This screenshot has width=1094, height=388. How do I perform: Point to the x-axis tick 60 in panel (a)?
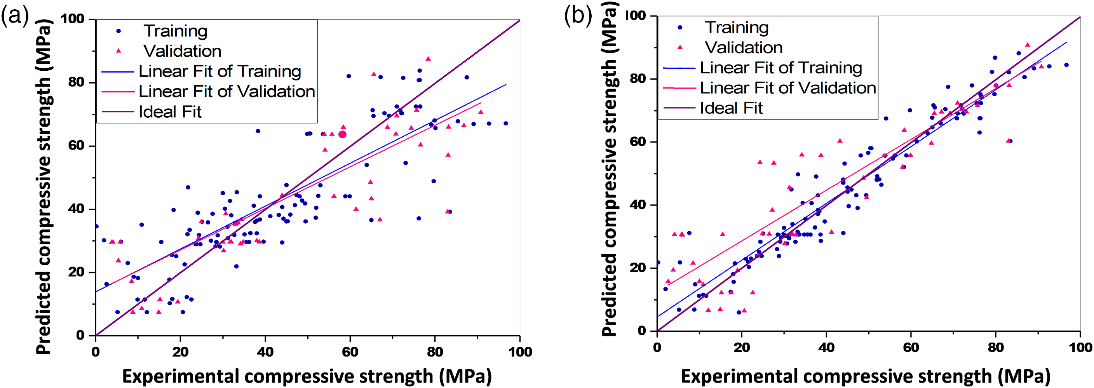[x=350, y=351]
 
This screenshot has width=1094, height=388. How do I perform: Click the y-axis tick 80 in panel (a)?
[x=77, y=82]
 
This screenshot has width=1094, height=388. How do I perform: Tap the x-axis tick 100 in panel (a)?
[x=520, y=351]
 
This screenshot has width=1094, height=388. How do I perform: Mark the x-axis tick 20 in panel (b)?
[x=742, y=347]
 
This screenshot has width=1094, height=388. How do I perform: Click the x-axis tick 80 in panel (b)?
[x=995, y=347]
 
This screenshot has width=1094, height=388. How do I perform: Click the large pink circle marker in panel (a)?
[x=342, y=134]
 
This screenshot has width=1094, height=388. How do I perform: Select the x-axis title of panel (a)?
[x=307, y=376]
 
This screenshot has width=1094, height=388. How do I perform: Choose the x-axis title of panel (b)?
[x=866, y=376]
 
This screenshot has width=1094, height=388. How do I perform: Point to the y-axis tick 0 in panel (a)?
[x=80, y=335]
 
